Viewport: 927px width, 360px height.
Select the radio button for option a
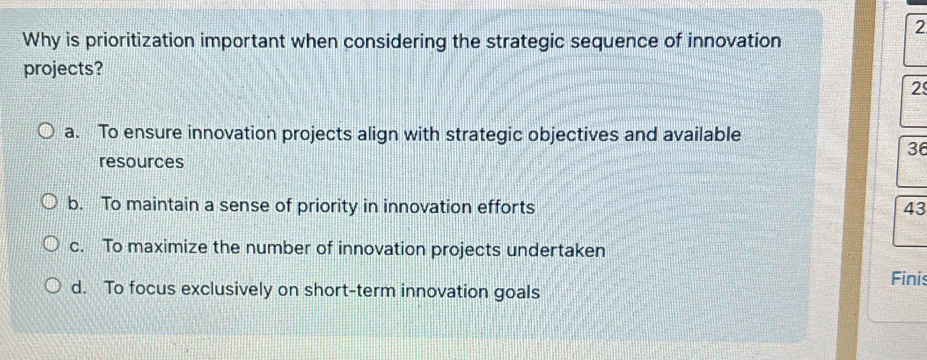click(46, 132)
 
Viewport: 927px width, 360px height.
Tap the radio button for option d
click(53, 287)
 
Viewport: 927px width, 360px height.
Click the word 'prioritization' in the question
click(140, 41)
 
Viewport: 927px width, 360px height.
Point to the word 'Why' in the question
click(42, 40)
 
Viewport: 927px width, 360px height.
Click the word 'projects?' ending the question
click(63, 69)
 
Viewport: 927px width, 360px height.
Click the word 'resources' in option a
click(141, 162)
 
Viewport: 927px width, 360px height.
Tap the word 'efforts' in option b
click(506, 207)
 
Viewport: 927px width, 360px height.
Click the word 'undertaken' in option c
click(556, 250)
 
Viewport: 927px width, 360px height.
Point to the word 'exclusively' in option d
click(227, 290)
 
